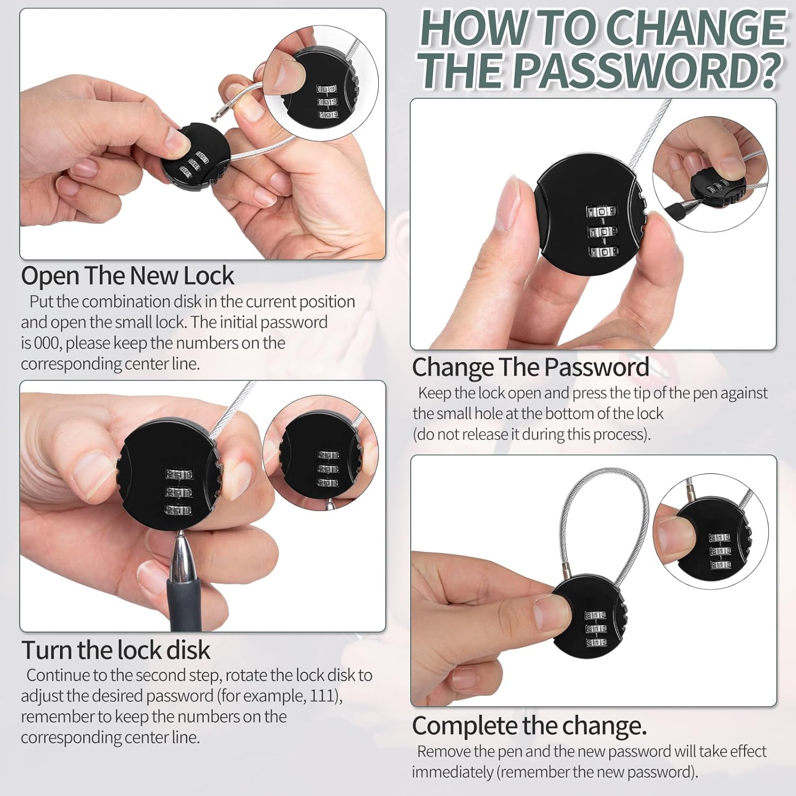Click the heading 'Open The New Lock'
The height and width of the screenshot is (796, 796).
point(127,276)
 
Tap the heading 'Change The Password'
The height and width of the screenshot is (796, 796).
point(531,367)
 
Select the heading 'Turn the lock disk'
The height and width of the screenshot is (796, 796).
point(116,650)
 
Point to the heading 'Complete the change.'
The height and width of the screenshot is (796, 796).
point(530,726)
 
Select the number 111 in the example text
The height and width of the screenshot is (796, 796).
point(322,696)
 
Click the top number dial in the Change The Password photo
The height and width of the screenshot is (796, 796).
point(601,211)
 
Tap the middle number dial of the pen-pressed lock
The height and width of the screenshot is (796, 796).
point(179,492)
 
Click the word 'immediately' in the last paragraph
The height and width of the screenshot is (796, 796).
point(452,773)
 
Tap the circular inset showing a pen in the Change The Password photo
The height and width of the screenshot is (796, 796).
point(710,175)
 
